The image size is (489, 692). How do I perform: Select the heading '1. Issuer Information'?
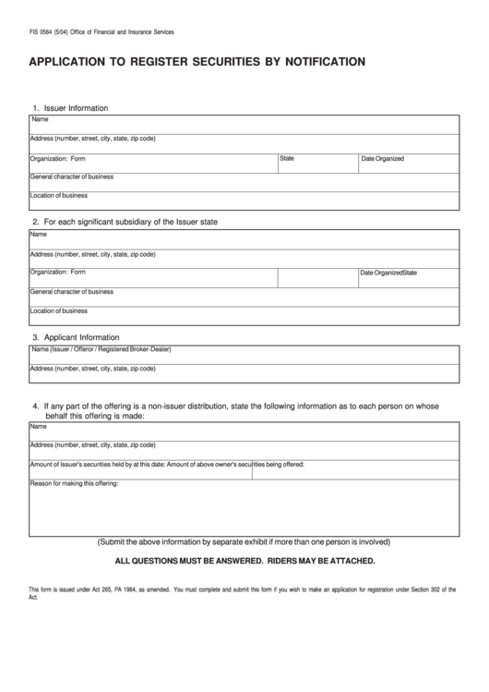pos(70,108)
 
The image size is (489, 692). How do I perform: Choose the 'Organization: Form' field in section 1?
pos(153,163)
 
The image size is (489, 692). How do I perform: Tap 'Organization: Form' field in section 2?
pos(153,277)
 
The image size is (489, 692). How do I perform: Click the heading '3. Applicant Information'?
pos(76,337)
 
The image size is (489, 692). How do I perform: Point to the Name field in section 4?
pos(244,431)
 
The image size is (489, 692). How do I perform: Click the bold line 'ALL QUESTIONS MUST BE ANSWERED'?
pos(244,561)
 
